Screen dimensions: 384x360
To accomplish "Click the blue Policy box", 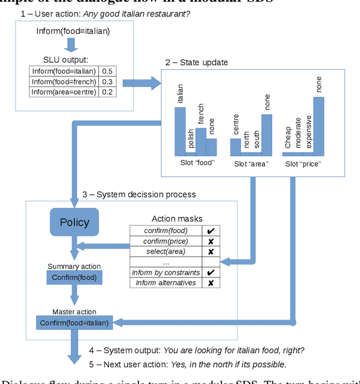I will click(74, 222).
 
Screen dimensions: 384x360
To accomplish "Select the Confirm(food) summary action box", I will click(74, 277).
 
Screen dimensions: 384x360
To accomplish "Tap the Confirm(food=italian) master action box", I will click(74, 323).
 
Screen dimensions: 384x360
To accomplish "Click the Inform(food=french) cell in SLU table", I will click(64, 82).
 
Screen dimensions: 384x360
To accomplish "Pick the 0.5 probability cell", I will click(106, 72).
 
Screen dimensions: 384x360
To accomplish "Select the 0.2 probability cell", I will click(106, 92).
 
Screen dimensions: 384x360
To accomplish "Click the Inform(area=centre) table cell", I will click(64, 92).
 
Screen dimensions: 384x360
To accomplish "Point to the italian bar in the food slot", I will click(180, 131).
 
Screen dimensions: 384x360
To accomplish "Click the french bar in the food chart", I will click(201, 141).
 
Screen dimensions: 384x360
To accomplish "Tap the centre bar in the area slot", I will click(236, 146).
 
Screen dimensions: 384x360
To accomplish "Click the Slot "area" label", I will click(251, 164).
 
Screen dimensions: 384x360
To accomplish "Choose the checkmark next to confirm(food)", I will click(210, 231).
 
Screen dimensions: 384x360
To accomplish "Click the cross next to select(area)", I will click(210, 252).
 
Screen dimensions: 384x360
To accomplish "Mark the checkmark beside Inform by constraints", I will click(210, 273).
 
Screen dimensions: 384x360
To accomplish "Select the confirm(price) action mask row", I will click(165, 241).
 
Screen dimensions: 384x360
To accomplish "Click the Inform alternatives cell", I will click(165, 283).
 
